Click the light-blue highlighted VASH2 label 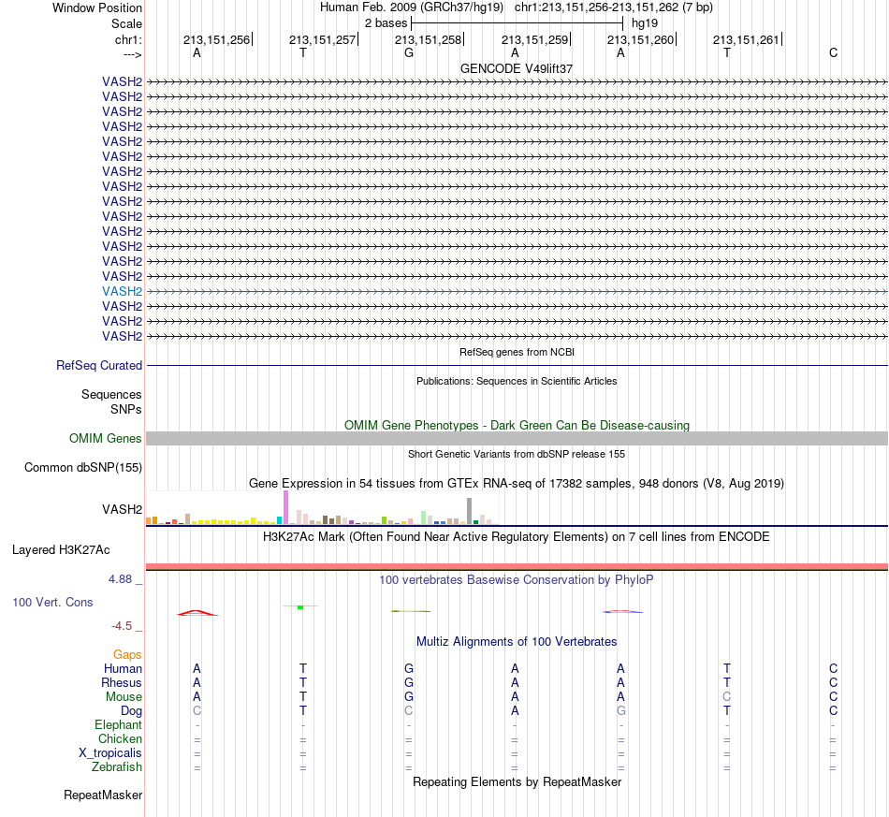122,291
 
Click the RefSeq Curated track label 99,366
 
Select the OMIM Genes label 106,438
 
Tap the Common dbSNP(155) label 83,468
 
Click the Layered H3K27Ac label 61,550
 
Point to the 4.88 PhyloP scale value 120,579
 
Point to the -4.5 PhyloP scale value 122,626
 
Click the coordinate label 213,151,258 428,39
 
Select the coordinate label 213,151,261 746,39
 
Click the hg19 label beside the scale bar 645,23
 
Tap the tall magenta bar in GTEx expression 285,507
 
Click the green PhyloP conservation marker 300,607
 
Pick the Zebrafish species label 117,767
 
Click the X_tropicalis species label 110,753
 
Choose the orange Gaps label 127,655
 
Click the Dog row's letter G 620,711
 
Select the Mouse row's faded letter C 727,697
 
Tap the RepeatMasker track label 103,795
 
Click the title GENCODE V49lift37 517,68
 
